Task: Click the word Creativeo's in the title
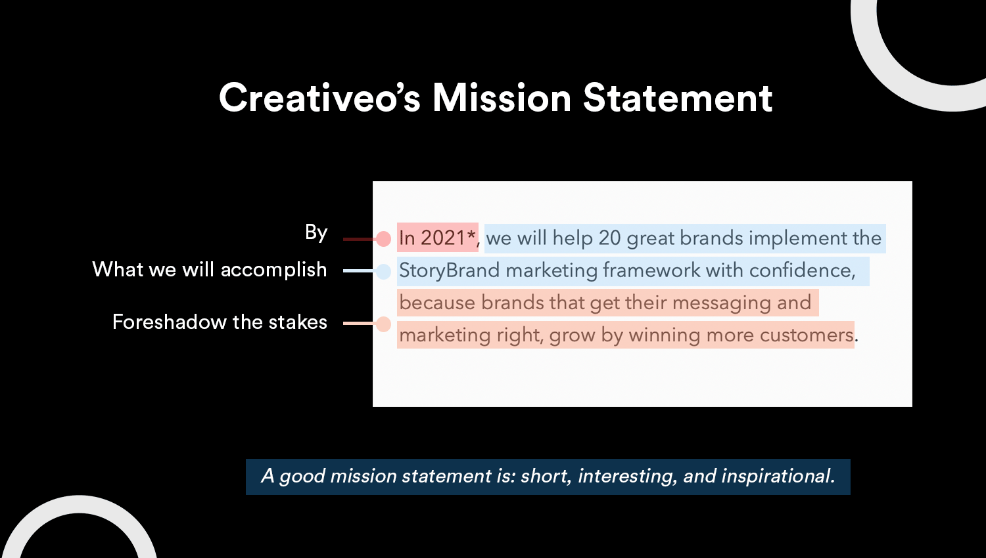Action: click(319, 98)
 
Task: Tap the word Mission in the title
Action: click(502, 98)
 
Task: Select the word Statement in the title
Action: click(678, 98)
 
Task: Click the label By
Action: click(316, 232)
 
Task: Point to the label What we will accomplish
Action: click(210, 270)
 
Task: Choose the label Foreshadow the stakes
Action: click(220, 322)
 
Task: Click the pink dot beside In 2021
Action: click(383, 239)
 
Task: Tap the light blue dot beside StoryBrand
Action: click(383, 271)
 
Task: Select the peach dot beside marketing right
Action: click(383, 324)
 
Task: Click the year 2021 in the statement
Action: click(443, 238)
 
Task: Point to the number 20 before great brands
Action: click(609, 238)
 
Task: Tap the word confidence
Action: click(802, 270)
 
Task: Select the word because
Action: click(437, 303)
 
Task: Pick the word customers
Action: click(807, 335)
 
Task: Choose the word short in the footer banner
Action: click(546, 476)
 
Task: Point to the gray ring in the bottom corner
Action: click(80, 504)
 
